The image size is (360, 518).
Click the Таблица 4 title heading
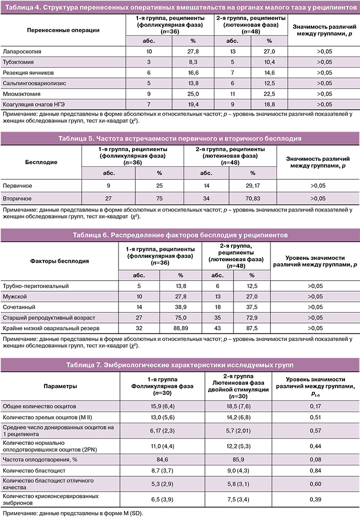(x=179, y=6)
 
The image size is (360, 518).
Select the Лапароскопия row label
(x=21, y=52)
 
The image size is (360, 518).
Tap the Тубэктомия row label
(x=19, y=62)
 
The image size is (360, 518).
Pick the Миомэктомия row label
(x=22, y=94)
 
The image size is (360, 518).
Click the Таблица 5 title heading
(x=179, y=138)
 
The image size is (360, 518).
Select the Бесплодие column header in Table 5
(x=41, y=162)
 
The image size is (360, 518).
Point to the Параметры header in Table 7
(x=60, y=386)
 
